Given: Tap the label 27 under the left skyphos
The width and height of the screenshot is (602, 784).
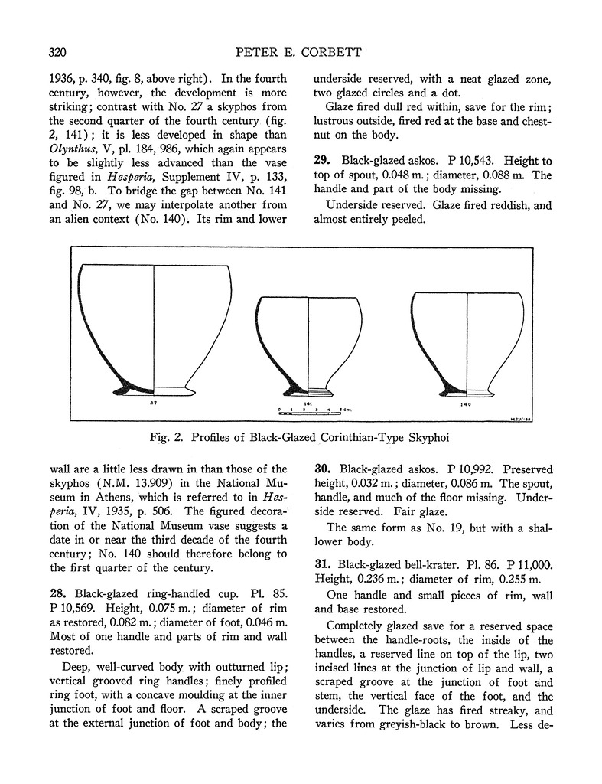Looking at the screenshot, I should tap(154, 401).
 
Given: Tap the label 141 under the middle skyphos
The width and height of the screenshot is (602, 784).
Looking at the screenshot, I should tap(308, 403).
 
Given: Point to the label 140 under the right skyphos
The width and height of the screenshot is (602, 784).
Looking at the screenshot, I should tap(467, 403).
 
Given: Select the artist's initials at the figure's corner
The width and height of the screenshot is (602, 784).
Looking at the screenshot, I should tap(518, 418).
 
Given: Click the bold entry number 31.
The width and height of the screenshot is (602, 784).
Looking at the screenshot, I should tap(323, 563).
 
